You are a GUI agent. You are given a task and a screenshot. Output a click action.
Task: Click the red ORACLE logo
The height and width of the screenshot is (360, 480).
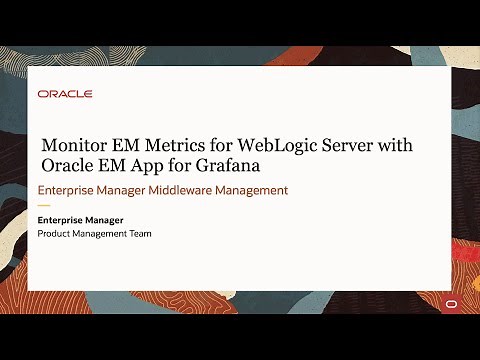65,94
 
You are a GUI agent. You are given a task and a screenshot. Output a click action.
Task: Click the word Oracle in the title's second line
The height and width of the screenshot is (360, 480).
68,165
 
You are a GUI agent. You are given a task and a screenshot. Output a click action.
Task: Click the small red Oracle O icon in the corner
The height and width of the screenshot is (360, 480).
453,303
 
